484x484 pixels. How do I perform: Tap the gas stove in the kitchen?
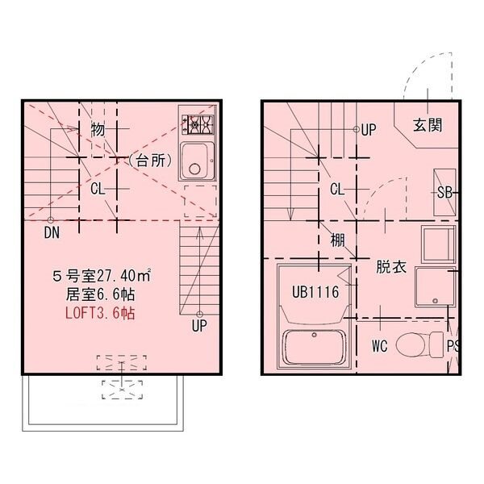tap(198, 125)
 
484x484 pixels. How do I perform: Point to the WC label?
tap(382, 347)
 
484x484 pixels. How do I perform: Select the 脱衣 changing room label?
tap(390, 267)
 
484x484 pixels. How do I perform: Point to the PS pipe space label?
tap(453, 347)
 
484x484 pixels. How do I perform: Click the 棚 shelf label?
tap(337, 240)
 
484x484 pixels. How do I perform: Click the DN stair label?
tap(51, 232)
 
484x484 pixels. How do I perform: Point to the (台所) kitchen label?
tap(151, 160)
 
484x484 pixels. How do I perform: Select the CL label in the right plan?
tap(339, 189)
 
